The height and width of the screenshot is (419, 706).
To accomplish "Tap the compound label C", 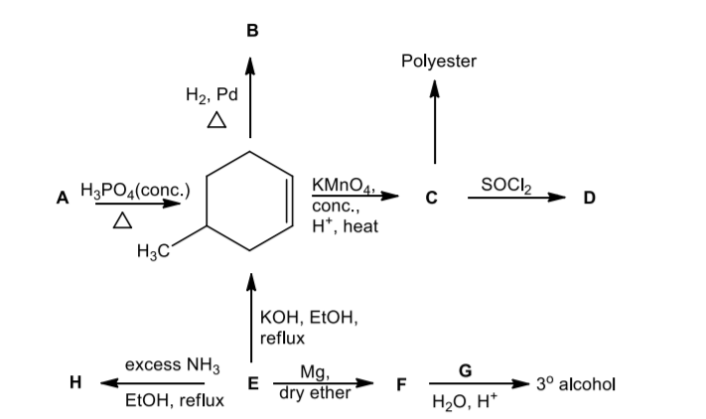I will pos(432,197).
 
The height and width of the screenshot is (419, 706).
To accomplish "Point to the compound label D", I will pos(591,197).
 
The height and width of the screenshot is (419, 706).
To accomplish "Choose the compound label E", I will pos(251,383).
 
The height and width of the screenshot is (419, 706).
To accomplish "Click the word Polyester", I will pos(439,62).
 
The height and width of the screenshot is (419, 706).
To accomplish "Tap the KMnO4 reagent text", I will pos(342,184).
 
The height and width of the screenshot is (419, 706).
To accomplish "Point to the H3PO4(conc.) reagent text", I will pos(132,189).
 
